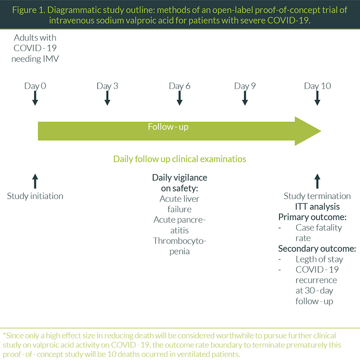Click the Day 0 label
pyautogui.click(x=36, y=86)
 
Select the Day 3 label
pyautogui.click(x=107, y=86)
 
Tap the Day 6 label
pyautogui.click(x=180, y=86)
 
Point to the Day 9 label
pyautogui.click(x=245, y=86)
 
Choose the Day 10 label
pyautogui.click(x=317, y=86)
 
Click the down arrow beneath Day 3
pyautogui.click(x=107, y=98)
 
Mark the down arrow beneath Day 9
pyautogui.click(x=245, y=98)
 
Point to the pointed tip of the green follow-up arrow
pyautogui.click(x=320, y=131)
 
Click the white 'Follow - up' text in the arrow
pyautogui.click(x=168, y=127)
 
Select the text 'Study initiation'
pyautogui.click(x=36, y=196)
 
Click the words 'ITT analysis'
pyautogui.click(x=317, y=207)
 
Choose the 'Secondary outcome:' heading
pyautogui.click(x=317, y=249)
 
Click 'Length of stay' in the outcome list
pyautogui.click(x=319, y=259)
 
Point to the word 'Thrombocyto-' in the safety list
pyautogui.click(x=180, y=241)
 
